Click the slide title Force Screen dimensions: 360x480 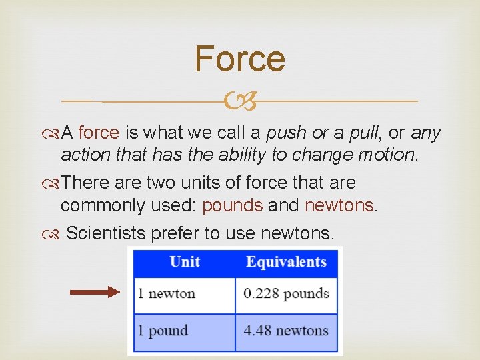coord(240,59)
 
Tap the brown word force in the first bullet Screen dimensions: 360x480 coord(99,133)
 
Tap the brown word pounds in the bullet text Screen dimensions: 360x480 coord(233,205)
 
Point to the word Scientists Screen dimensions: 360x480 coord(108,233)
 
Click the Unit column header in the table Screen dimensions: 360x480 coord(185,262)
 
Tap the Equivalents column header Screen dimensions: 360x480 coord(286,262)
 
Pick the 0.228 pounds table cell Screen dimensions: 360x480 coord(286,294)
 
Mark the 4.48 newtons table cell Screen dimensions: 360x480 coord(286,331)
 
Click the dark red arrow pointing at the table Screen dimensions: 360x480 coord(95,291)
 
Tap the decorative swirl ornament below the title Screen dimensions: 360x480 coord(239,102)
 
